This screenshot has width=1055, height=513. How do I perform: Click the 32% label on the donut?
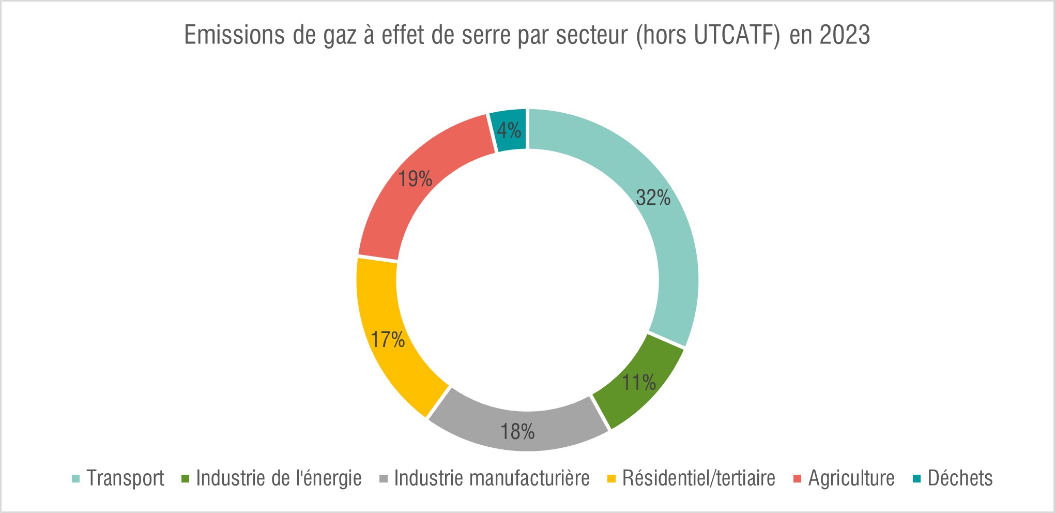(653, 198)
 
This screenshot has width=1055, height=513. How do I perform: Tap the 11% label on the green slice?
(638, 383)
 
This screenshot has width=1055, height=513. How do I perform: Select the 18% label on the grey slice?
(517, 432)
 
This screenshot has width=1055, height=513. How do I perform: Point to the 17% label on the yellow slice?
(388, 340)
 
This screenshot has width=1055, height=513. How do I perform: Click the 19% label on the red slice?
(415, 179)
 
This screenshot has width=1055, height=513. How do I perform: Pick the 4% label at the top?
(509, 130)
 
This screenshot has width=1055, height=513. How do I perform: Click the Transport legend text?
(125, 478)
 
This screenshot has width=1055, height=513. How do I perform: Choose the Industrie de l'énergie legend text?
(279, 478)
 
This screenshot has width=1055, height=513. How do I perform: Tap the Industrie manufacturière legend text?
(492, 478)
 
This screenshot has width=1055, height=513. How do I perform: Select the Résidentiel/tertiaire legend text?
(698, 478)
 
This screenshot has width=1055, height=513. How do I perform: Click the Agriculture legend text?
(851, 478)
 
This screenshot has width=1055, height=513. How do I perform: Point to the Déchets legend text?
(960, 478)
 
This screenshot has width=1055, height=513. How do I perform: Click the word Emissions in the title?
(234, 35)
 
